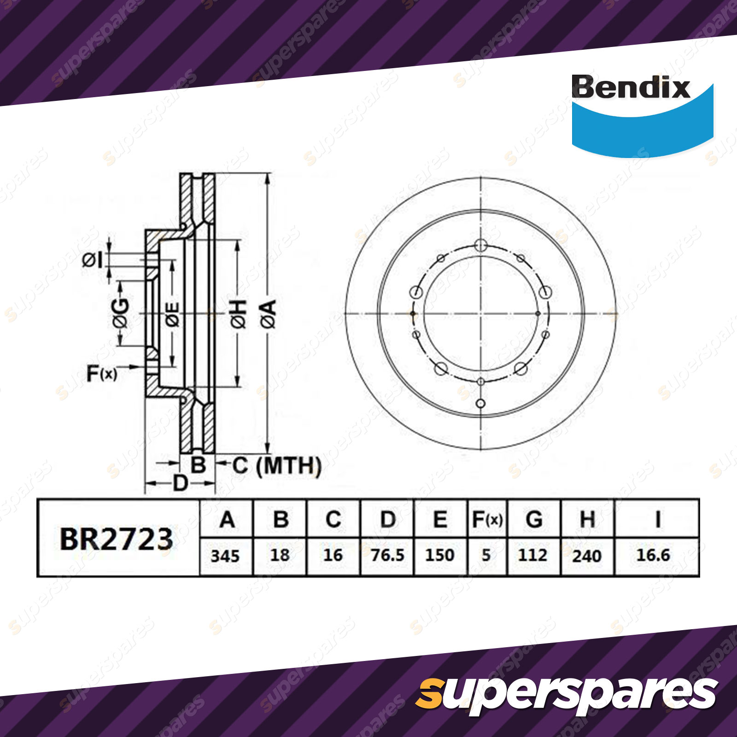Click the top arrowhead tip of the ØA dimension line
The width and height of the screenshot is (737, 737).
[268, 174]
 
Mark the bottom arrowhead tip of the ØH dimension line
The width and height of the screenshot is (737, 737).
[238, 386]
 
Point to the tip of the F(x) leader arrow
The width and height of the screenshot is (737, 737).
[140, 367]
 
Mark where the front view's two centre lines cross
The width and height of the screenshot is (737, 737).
[480, 314]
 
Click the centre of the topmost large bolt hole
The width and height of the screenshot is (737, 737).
[480, 245]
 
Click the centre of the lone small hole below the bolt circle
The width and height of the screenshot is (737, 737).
[480, 404]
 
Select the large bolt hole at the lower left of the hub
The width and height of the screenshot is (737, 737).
[441, 368]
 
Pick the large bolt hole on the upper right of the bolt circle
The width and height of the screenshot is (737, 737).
[545, 292]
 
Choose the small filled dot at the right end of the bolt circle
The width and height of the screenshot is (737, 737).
[538, 314]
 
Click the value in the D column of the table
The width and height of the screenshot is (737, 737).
[387, 556]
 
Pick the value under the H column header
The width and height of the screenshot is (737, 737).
[587, 556]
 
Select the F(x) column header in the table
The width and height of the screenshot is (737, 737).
[487, 520]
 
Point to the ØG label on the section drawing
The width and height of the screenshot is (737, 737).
[121, 313]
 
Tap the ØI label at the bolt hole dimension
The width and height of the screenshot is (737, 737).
[93, 260]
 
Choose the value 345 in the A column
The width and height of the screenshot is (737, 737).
[225, 556]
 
